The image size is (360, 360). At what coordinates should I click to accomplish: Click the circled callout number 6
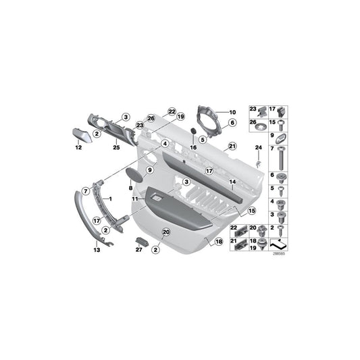[x=230, y=123]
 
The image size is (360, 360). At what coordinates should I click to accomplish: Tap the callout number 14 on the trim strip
[x=231, y=182]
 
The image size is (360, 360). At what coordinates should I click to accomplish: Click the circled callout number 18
[x=218, y=241]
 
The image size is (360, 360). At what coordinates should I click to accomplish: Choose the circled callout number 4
[x=165, y=143]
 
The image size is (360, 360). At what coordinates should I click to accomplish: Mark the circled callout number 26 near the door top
[x=151, y=118]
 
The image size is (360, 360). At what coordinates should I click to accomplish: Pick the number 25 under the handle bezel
[x=116, y=147]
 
